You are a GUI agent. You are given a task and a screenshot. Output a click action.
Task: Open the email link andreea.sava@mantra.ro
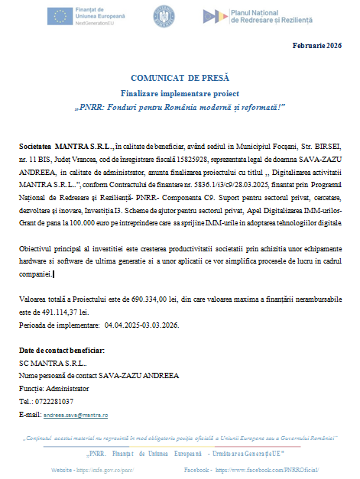point(75,414)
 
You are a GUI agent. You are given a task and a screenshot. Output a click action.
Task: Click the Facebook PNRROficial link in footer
point(265,464)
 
